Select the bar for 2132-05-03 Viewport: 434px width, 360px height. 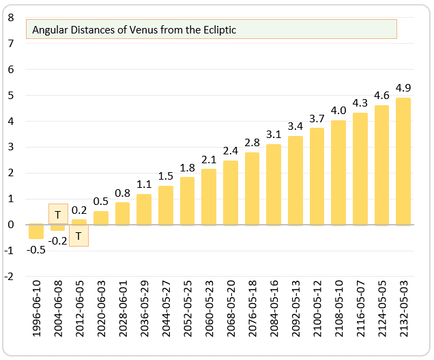click(403, 161)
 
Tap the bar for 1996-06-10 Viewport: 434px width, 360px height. click(36, 232)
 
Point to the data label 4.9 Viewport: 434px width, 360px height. click(403, 87)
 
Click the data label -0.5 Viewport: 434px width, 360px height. click(36, 249)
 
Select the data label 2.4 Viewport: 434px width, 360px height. click(231, 151)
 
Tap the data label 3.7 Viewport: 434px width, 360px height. click(317, 118)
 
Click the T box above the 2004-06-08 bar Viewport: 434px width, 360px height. click(58, 214)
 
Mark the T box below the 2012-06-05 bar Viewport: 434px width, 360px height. click(79, 236)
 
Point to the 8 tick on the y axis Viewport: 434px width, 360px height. click(10, 18)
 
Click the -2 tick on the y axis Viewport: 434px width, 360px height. click(9, 277)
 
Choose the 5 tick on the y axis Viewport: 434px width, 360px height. click(10, 96)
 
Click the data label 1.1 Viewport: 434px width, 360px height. click(144, 184)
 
